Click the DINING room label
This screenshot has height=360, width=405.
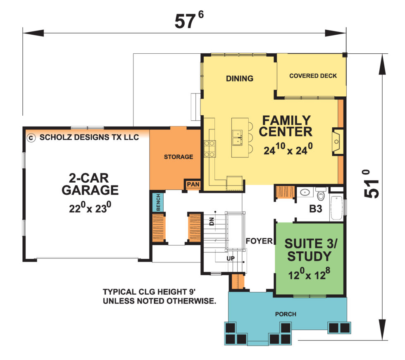point(239,79)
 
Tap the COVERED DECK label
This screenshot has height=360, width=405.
point(313,76)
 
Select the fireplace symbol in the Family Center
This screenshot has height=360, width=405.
point(336,142)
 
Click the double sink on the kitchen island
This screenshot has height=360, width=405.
point(237,138)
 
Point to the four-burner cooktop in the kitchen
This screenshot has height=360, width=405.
point(209,148)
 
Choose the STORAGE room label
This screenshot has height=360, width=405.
point(178,157)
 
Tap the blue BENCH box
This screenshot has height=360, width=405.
point(157,202)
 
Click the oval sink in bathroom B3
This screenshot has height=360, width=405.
point(305,192)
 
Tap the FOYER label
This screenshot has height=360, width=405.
point(258,241)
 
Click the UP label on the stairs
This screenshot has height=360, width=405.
point(230,258)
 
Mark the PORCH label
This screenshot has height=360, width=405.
point(286,314)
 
